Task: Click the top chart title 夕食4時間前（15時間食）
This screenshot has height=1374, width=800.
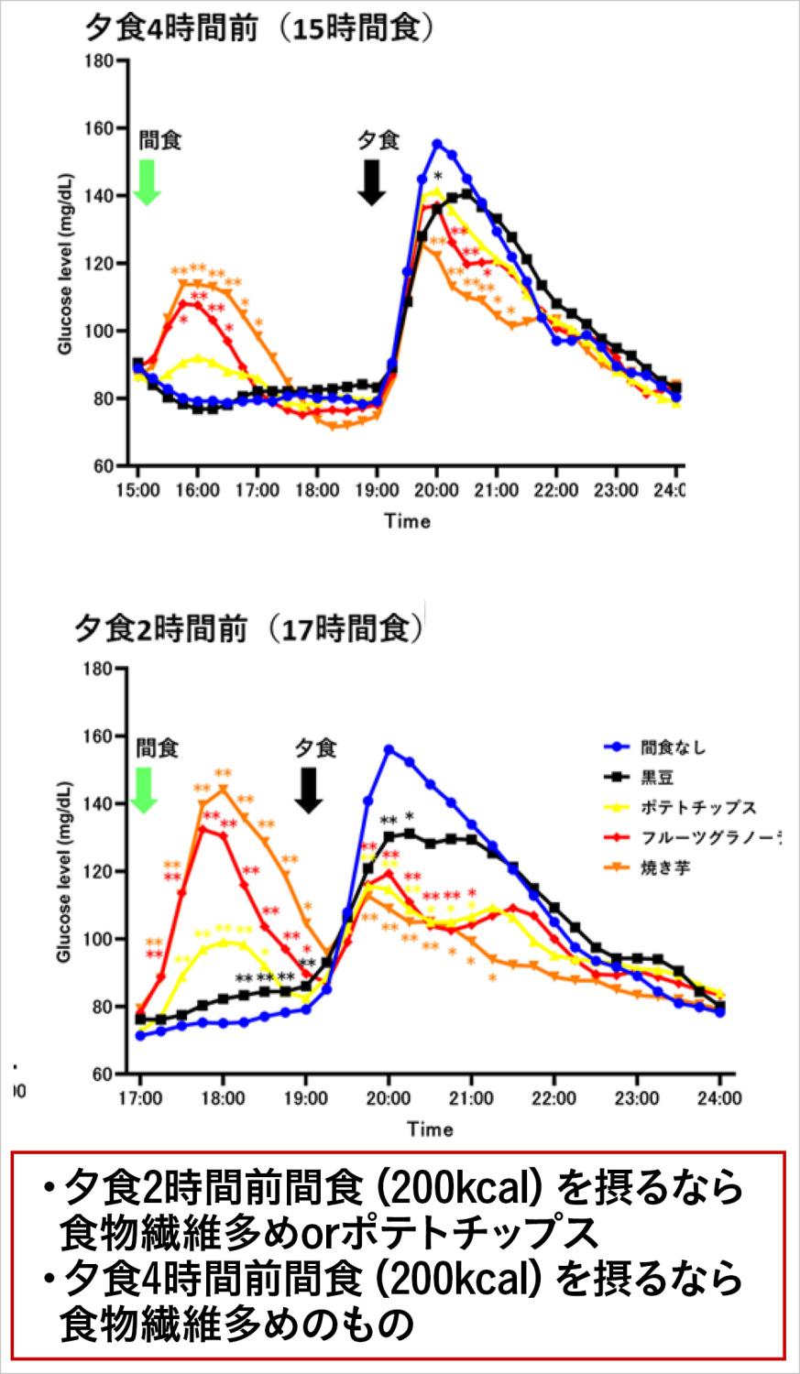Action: click(x=258, y=27)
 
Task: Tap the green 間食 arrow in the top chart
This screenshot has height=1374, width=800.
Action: click(x=147, y=182)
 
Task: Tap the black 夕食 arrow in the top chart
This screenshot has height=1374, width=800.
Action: click(x=371, y=182)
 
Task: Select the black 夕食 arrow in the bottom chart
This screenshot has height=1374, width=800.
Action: click(x=310, y=790)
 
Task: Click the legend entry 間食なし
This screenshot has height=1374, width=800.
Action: click(x=674, y=747)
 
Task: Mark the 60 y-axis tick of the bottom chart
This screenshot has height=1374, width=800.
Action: click(x=99, y=1074)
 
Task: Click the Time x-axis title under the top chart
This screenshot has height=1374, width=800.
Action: click(x=407, y=521)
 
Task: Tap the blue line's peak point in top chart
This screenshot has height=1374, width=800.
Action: click(x=437, y=144)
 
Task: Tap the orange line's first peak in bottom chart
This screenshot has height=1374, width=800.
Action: click(x=223, y=789)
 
